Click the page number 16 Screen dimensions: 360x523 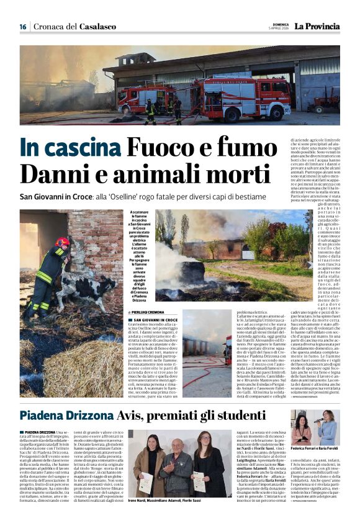tap(23, 27)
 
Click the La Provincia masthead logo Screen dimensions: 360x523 tap(317, 27)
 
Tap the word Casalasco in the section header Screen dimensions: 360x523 tap(97, 27)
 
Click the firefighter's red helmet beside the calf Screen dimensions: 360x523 tap(62, 241)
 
